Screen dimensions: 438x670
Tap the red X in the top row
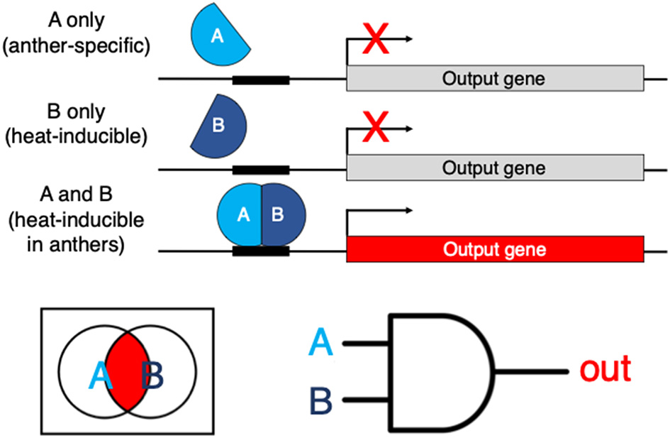tap(376, 38)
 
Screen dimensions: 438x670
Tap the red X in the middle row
tap(376, 128)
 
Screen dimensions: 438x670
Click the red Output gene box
tap(494, 249)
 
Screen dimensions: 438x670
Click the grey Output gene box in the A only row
tap(494, 78)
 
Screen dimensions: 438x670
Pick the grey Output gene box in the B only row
tap(494, 168)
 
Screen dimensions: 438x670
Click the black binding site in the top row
tap(260, 79)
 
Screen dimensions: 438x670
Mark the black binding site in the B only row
tap(260, 169)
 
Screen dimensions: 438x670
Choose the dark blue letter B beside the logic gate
tap(321, 401)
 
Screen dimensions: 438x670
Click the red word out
tap(605, 371)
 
